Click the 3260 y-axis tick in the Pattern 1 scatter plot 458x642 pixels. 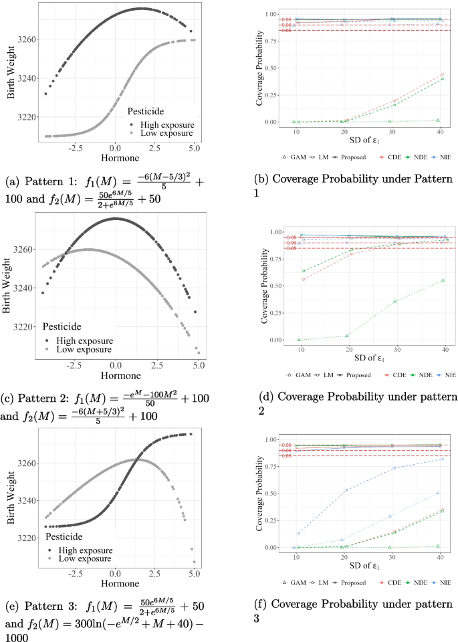pos(29,40)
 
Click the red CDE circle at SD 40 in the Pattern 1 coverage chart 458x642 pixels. pos(442,74)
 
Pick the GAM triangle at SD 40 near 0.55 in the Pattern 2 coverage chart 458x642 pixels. pos(442,280)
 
